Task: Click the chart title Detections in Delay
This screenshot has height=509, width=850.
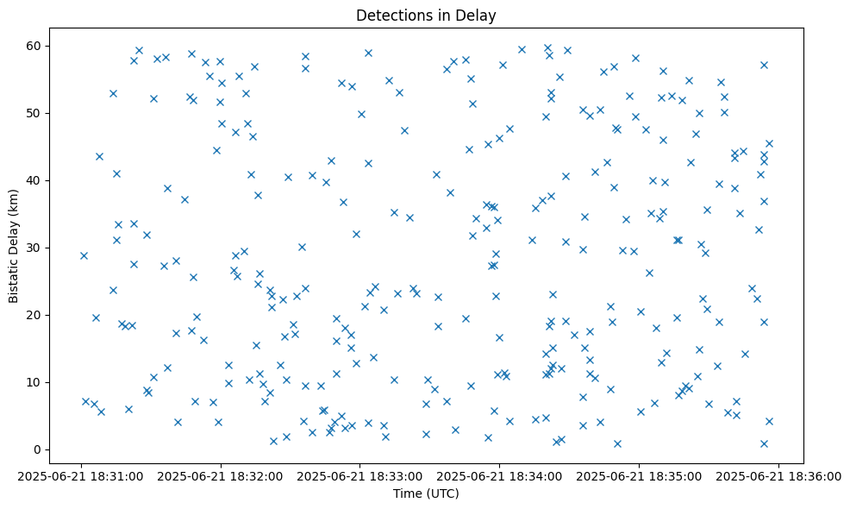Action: tap(426, 15)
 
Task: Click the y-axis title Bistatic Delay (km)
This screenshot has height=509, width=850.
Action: tap(14, 246)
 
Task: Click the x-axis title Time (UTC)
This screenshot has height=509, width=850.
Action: tap(426, 493)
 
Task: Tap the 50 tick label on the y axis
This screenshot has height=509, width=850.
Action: tap(42, 113)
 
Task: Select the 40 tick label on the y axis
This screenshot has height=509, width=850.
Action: tap(42, 180)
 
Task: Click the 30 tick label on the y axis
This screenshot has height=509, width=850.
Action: tap(42, 248)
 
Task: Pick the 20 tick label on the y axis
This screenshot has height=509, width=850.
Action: tap(42, 315)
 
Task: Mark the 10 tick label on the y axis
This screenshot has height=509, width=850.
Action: tap(42, 382)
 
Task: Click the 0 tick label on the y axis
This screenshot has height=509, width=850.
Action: tap(46, 449)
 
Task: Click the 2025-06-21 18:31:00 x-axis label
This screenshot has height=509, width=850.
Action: tap(81, 475)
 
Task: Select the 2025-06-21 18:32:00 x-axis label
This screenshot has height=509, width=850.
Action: tap(221, 475)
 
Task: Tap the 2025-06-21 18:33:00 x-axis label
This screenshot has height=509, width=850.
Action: tap(360, 475)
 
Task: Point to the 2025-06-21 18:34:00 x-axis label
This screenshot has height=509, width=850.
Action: tap(500, 475)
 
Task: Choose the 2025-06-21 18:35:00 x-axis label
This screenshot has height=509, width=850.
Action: tap(640, 475)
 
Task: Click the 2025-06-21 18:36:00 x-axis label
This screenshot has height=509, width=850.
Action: tap(779, 475)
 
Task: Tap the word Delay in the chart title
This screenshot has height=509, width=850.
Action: tap(478, 15)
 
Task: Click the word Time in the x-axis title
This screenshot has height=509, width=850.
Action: tap(408, 493)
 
